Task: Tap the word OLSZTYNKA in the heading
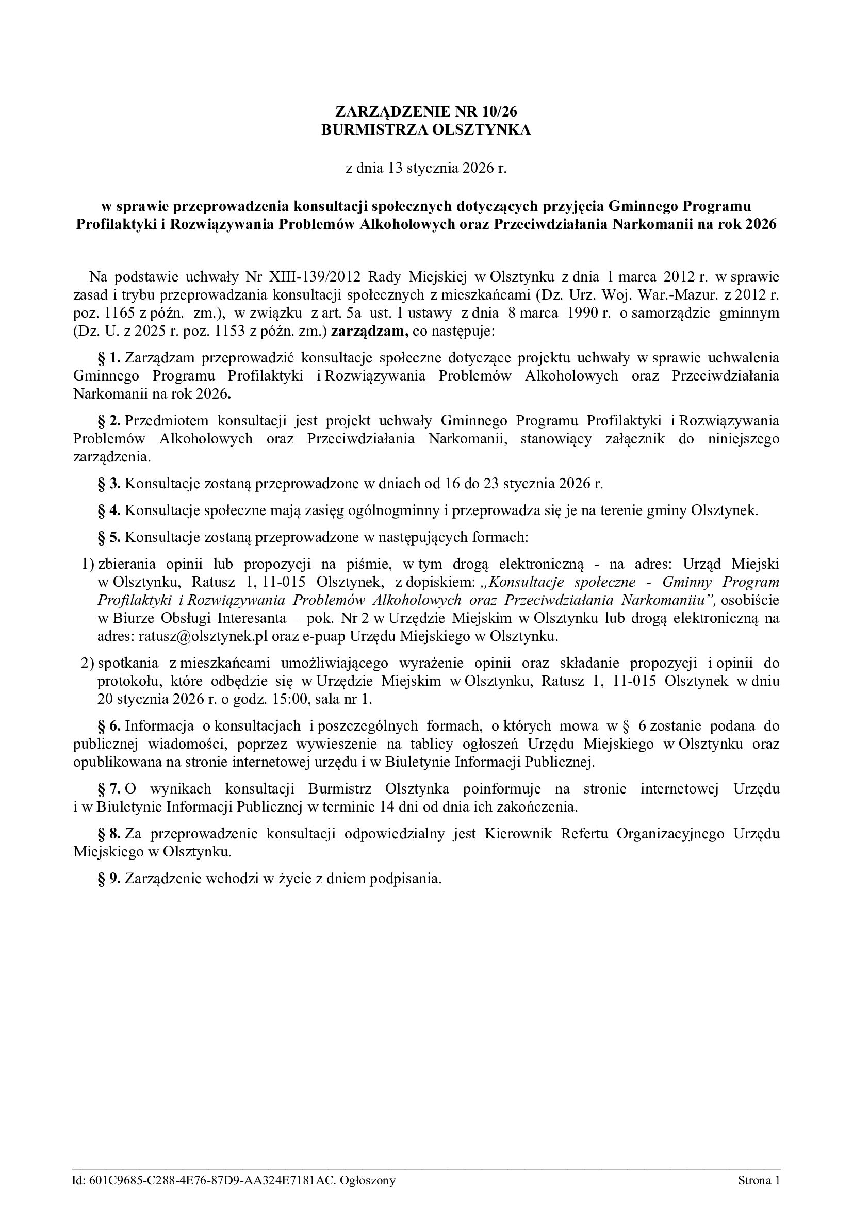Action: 481,130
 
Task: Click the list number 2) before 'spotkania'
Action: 87,664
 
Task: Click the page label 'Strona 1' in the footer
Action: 759,1181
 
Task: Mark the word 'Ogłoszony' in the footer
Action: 368,1181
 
